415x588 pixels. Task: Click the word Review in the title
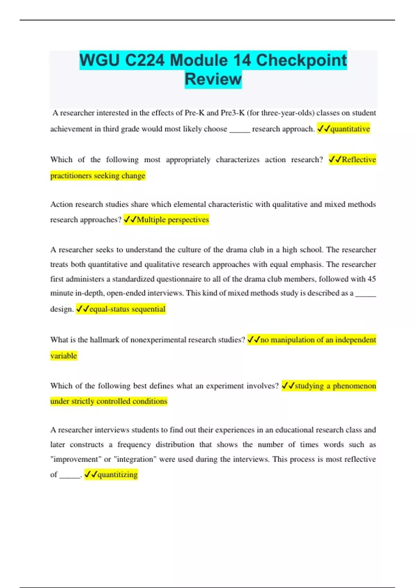(213, 79)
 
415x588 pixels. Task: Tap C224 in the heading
(145, 60)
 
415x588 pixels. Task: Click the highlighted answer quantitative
(350, 129)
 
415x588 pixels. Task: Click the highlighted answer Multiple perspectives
(173, 220)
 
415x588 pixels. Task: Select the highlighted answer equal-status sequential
(127, 309)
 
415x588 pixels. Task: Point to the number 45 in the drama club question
(371, 279)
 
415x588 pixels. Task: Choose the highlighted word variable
(64, 356)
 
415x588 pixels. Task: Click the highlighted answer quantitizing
(118, 475)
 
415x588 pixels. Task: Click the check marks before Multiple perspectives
(130, 220)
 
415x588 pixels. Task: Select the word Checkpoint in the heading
(301, 60)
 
